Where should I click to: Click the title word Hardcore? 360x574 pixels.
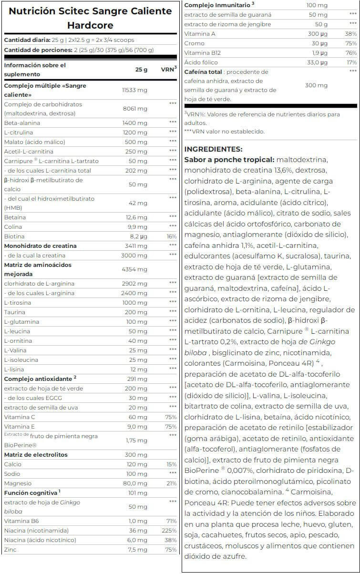point(90,25)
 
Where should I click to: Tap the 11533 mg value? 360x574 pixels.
point(134,90)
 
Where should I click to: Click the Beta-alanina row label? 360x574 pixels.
point(22,123)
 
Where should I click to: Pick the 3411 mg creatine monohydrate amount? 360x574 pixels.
point(135,246)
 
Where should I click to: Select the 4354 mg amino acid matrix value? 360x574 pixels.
point(135,269)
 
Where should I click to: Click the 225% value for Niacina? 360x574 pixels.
point(170,531)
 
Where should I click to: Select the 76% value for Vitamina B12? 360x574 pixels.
point(351,52)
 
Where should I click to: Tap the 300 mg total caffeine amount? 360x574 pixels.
point(316,85)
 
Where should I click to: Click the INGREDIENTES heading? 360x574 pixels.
point(213,149)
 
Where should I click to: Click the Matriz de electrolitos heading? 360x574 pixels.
point(36,455)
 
